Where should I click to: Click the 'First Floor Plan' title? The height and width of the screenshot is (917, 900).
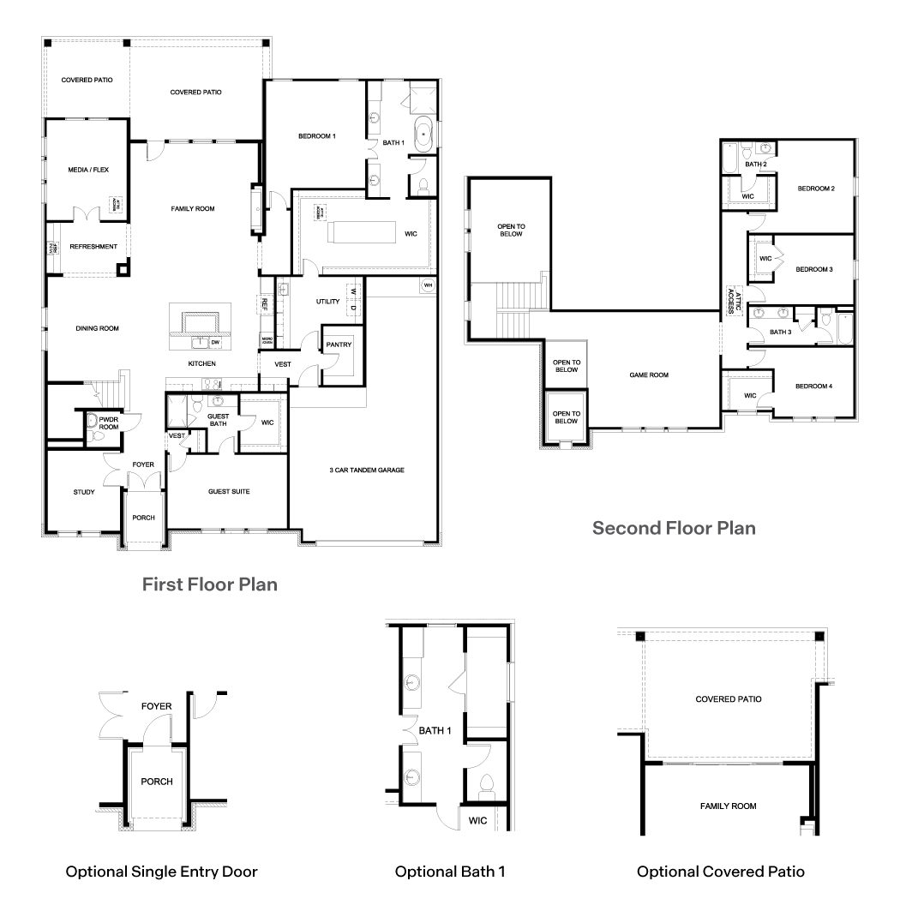209,585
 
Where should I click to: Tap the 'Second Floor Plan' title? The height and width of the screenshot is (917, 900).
674,527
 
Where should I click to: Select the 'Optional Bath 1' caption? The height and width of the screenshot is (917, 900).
450,872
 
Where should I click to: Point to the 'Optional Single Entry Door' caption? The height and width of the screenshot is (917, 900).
162,872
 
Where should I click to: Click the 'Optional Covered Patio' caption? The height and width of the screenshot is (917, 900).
720,872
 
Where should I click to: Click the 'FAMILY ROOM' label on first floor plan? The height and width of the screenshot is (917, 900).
192,208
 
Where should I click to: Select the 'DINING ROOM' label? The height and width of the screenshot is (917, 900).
97,328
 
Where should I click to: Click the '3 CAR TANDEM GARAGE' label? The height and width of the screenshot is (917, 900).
366,470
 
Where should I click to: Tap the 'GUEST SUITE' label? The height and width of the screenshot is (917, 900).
229,492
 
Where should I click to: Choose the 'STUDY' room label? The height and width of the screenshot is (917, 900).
83,492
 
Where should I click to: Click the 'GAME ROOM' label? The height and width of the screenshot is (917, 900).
648,375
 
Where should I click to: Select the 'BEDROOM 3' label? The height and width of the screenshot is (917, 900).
813,269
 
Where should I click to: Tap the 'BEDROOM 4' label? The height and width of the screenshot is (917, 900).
813,387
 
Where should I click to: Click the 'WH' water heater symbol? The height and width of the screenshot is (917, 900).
427,285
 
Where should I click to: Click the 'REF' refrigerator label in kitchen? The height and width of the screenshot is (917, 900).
264,303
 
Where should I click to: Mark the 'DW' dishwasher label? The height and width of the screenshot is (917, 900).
215,342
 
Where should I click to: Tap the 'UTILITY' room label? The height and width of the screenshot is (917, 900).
328,302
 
